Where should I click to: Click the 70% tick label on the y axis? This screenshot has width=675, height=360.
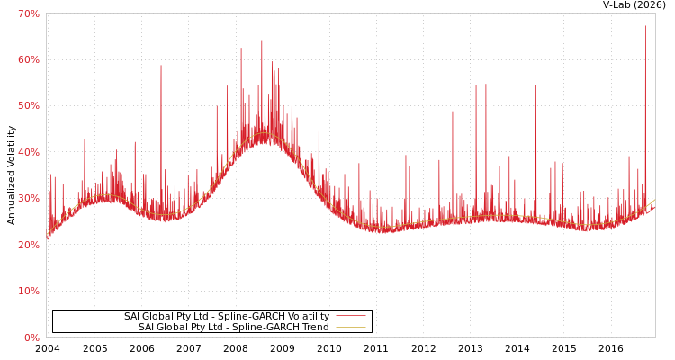[29, 13]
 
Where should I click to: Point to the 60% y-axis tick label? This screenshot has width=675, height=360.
[29, 59]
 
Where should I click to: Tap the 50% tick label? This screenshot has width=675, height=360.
[29, 106]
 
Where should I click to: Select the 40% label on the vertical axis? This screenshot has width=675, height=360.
[29, 152]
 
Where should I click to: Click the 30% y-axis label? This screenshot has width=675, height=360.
[29, 199]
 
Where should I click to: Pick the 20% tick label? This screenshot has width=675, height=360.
[29, 245]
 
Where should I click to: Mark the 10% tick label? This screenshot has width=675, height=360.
[29, 292]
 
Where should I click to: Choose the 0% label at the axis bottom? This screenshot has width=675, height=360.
[31, 337]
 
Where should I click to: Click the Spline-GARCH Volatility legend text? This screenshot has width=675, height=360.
[226, 317]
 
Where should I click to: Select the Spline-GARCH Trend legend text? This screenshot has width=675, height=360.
[233, 328]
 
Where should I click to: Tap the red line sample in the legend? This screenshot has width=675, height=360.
[350, 317]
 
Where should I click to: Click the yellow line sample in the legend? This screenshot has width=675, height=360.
[350, 328]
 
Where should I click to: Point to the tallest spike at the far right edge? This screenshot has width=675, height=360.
[645, 27]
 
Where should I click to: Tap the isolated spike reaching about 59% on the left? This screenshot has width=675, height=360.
[161, 66]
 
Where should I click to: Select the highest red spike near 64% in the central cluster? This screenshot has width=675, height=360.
[262, 41]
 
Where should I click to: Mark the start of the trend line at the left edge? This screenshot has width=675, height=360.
[47, 238]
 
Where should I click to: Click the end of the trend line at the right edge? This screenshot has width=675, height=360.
[654, 201]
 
